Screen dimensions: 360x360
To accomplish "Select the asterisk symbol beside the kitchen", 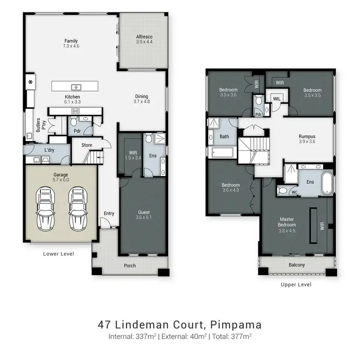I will coord(31,81).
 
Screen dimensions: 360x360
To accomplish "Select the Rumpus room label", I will coord(308,136).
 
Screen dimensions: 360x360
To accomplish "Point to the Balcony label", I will coord(297,265).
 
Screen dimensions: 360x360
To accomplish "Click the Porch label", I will coord(130,265).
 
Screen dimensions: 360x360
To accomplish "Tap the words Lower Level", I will coord(59,254).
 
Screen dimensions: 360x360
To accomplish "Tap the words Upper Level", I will coord(296,285).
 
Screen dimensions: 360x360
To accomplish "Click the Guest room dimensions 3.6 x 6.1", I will coord(144,217).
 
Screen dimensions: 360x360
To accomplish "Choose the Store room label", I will coord(86,144).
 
